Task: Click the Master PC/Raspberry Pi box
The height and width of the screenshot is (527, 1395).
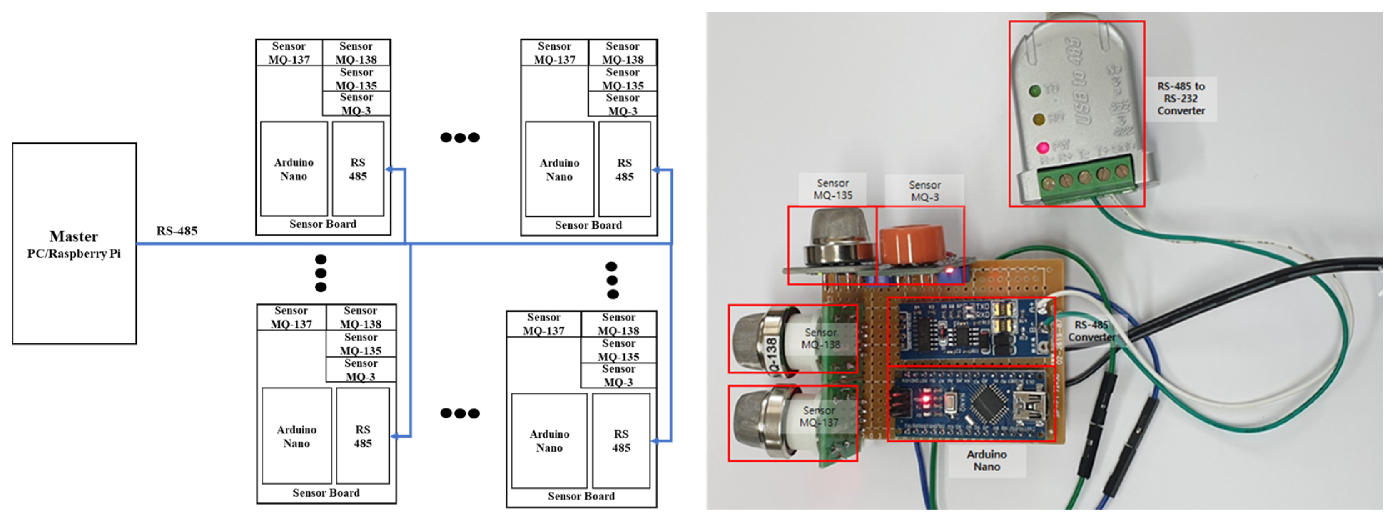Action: pyautogui.click(x=74, y=244)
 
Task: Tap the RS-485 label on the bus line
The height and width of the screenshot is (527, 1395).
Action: pyautogui.click(x=177, y=231)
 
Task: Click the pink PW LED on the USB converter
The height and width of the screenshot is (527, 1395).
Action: pyautogui.click(x=1042, y=147)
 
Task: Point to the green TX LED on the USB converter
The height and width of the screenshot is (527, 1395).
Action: pyautogui.click(x=1036, y=90)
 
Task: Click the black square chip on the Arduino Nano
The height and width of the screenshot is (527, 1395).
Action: pyautogui.click(x=989, y=403)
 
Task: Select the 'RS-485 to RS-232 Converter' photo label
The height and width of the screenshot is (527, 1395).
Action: pyautogui.click(x=1181, y=99)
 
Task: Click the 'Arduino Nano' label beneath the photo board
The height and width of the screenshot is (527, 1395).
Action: pyautogui.click(x=986, y=460)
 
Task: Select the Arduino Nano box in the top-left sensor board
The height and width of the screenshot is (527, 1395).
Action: pyautogui.click(x=294, y=169)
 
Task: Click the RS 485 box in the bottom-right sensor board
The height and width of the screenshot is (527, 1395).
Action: pyautogui.click(x=621, y=440)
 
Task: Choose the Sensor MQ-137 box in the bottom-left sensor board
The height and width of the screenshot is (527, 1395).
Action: pyautogui.click(x=291, y=317)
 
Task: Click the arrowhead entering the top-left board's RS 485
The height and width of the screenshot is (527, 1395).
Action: pyautogui.click(x=388, y=169)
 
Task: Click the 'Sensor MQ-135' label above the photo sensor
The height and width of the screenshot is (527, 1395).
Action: pyautogui.click(x=832, y=189)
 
